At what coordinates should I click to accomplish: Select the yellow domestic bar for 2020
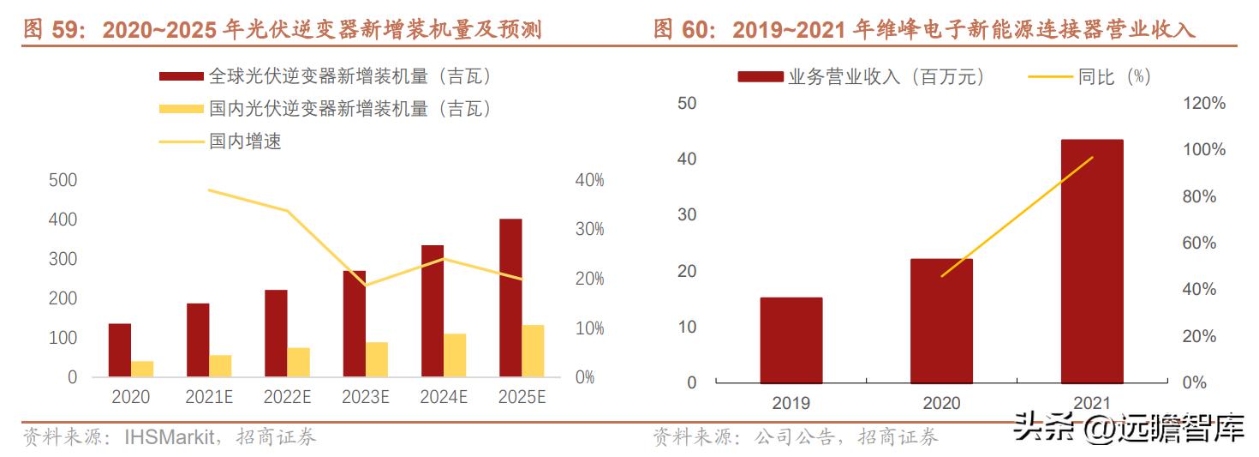tap(142, 369)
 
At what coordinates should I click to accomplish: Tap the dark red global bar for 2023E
tap(355, 323)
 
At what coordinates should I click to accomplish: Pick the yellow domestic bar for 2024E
tap(455, 355)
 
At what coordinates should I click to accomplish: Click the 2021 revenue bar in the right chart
tap(1091, 262)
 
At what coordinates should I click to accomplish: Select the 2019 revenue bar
tap(791, 340)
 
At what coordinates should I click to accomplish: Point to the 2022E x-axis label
tap(287, 398)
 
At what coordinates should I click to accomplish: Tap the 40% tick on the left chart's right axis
tap(589, 180)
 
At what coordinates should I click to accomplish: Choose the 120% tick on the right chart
tap(1204, 104)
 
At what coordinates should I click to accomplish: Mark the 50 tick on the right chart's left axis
tap(688, 104)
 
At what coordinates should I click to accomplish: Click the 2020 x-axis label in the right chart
tap(941, 403)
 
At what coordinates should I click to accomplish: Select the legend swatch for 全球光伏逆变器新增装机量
tap(182, 77)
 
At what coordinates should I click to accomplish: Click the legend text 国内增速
tap(245, 141)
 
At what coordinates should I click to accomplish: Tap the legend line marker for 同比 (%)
tap(1049, 77)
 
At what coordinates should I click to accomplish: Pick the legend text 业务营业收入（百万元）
tap(886, 77)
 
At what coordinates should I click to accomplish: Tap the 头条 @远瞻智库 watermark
tap(1128, 427)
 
